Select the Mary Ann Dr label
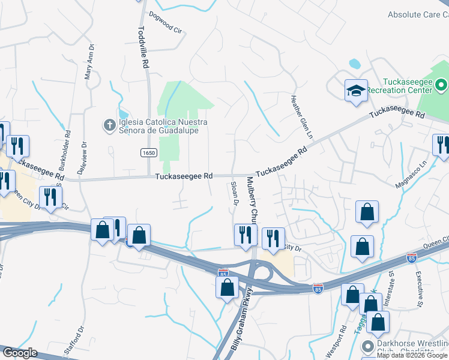tap(89, 61)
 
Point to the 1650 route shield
tap(149, 154)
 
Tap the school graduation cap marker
tap(355, 91)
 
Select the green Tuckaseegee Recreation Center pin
tap(441, 85)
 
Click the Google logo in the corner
tap(19, 353)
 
